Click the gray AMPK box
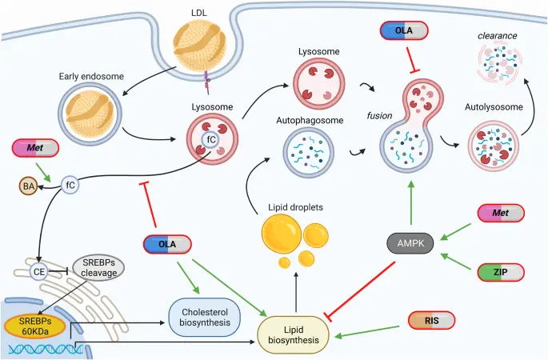click(412, 242)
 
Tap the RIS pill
click(431, 321)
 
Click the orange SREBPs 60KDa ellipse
click(36, 325)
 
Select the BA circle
click(30, 187)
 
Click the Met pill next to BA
click(36, 148)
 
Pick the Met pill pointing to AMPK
click(502, 213)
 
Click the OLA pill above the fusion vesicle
click(404, 30)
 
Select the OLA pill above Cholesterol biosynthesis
click(169, 245)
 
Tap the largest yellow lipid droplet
click(285, 228)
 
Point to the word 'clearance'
click(498, 35)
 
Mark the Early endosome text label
click(91, 77)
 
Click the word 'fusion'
click(379, 115)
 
